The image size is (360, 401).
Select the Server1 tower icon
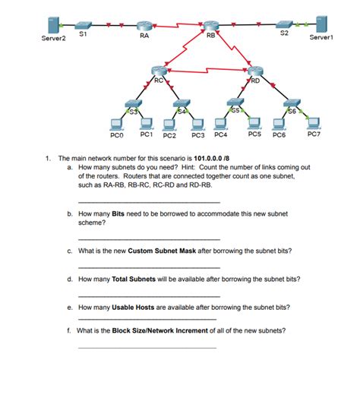coord(321,24)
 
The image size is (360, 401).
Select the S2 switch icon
coord(284,24)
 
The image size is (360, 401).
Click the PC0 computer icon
coord(116,124)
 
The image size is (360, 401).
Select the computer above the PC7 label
coord(313,123)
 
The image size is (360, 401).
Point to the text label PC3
coord(199,137)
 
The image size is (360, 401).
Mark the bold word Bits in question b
coord(118,215)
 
